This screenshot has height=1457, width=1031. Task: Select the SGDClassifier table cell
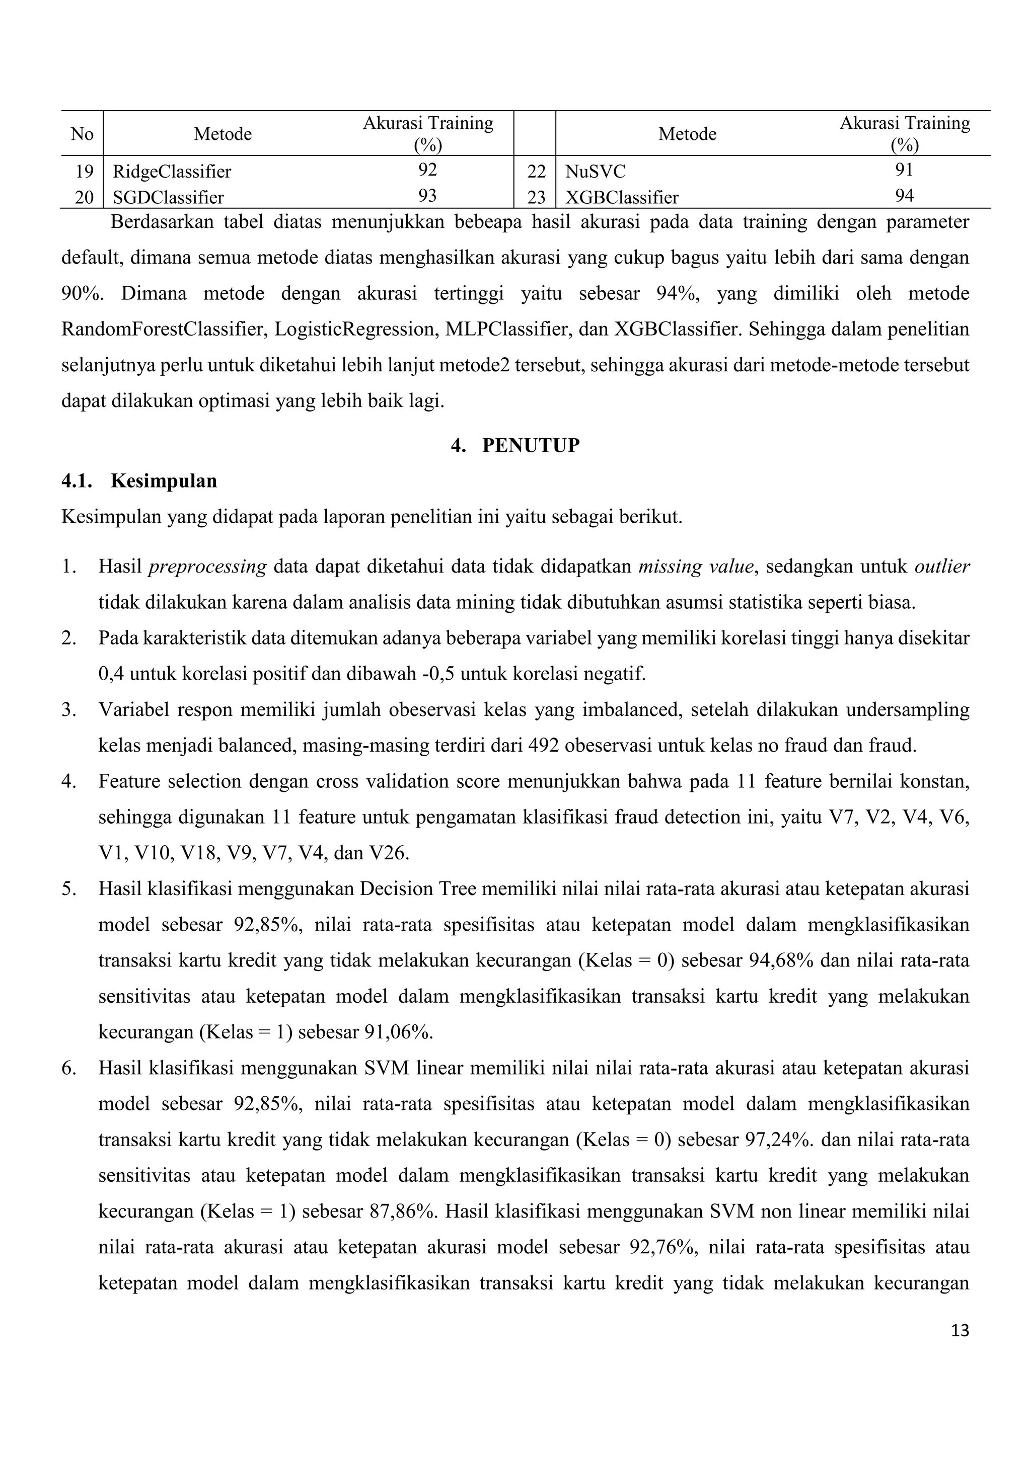pos(168,197)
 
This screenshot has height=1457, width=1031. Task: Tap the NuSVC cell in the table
pos(595,172)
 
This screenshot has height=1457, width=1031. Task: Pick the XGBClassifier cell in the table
pos(622,197)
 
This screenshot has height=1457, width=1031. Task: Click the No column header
pos(82,134)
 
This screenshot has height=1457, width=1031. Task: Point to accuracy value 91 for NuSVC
pos(904,170)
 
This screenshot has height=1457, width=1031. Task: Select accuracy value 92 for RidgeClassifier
pos(427,170)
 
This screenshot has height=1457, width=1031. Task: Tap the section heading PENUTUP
pos(531,445)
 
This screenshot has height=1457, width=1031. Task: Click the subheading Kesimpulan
pos(164,481)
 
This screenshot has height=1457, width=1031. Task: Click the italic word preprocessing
pos(207,566)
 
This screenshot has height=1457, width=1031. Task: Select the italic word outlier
pos(942,566)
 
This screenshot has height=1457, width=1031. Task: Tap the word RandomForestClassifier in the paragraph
pos(163,330)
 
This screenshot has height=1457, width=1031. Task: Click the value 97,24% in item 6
pos(778,1141)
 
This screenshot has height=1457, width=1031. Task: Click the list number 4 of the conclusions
pos(68,781)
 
